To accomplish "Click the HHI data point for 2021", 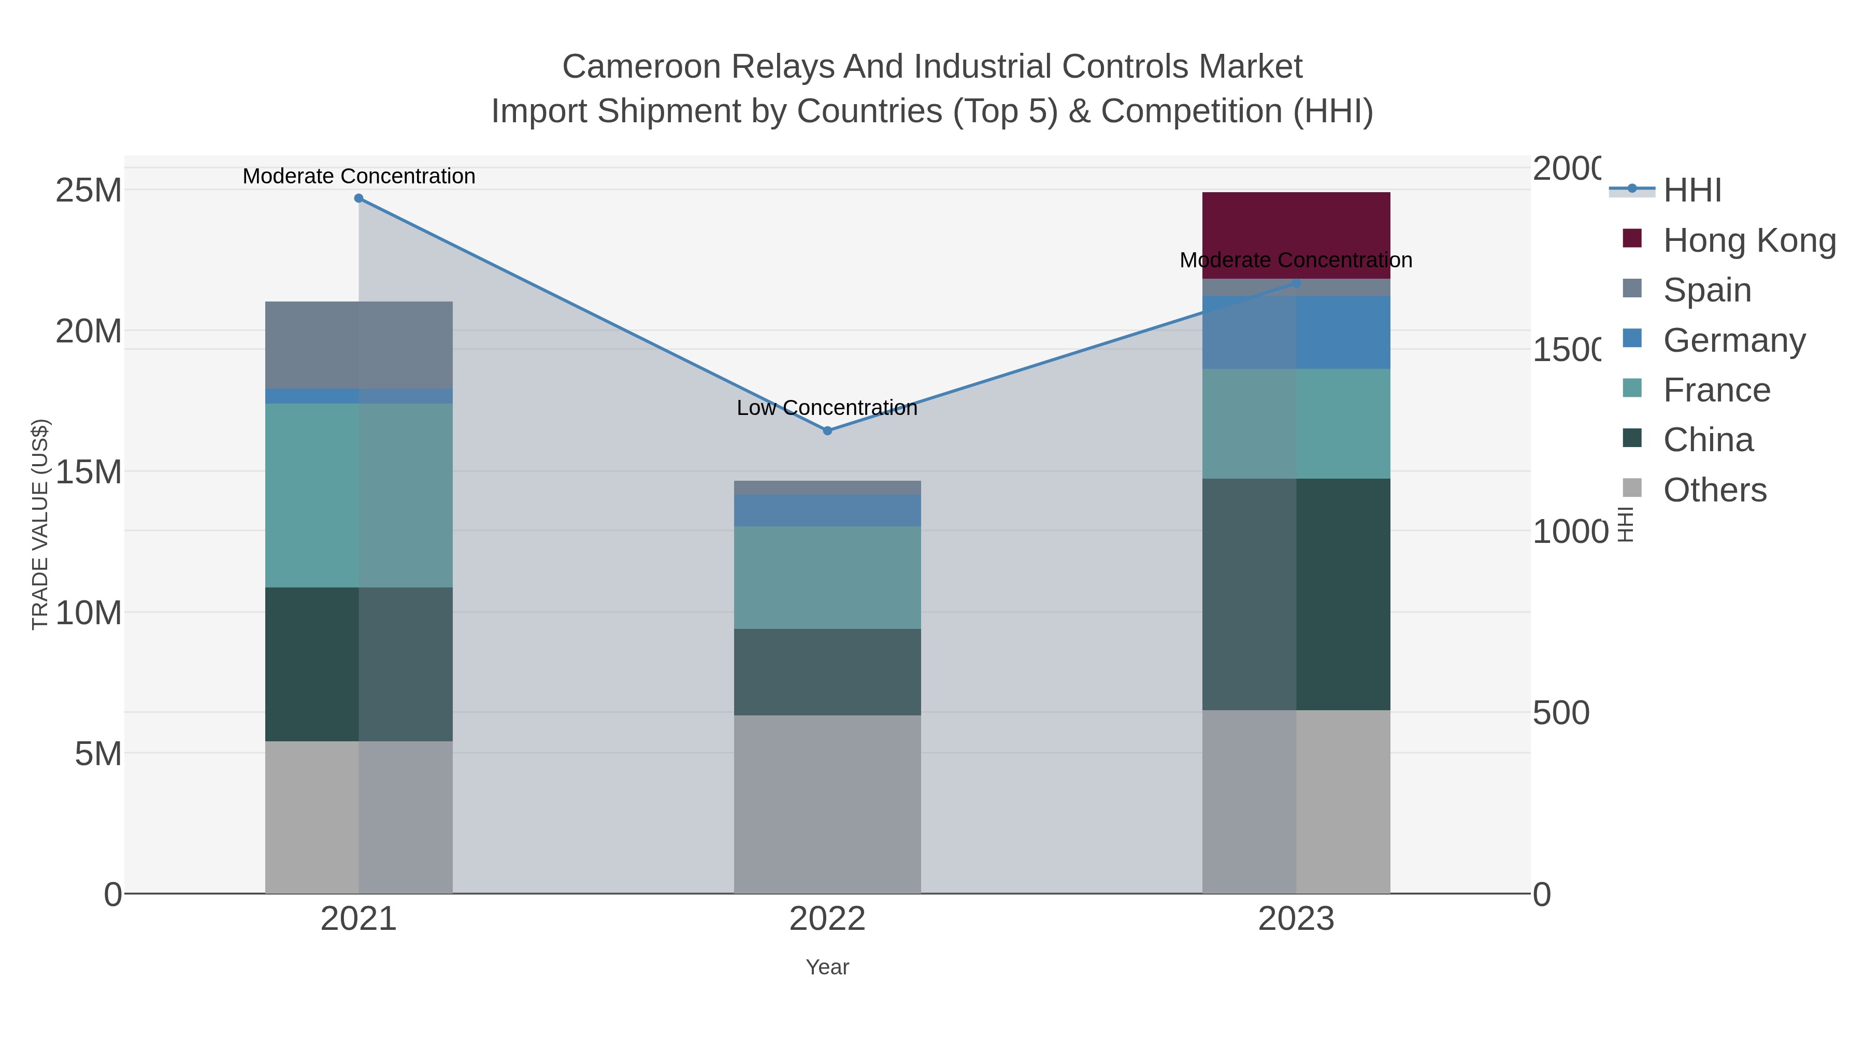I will pyautogui.click(x=358, y=198).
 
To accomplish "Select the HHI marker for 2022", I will pyautogui.click(x=827, y=431).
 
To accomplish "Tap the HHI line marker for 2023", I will pyautogui.click(x=1296, y=283).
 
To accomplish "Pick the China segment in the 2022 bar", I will pyautogui.click(x=827, y=672).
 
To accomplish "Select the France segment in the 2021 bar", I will pyautogui.click(x=358, y=495).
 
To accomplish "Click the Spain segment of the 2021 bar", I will pyautogui.click(x=358, y=344).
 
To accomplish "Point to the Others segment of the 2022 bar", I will pyautogui.click(x=827, y=803).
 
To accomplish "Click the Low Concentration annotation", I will pyautogui.click(x=827, y=408).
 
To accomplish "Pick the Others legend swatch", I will pyautogui.click(x=1632, y=488).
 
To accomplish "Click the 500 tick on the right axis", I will pyautogui.click(x=1561, y=713).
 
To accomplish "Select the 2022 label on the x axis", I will pyautogui.click(x=827, y=919).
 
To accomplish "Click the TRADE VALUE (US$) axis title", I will pyautogui.click(x=40, y=524).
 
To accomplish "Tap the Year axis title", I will pyautogui.click(x=827, y=967).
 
